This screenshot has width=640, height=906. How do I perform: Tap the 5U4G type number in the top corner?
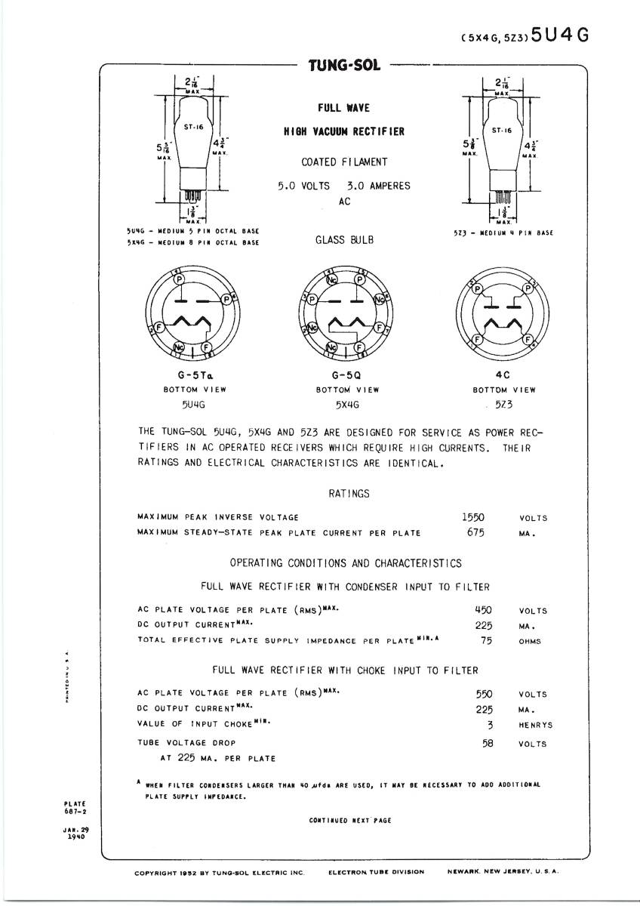559,35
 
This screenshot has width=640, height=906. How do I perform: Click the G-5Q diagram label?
347,375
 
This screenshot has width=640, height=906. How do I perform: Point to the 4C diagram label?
503,375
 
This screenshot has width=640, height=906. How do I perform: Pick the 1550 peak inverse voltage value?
472,517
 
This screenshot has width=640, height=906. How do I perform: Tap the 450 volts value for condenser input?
483,610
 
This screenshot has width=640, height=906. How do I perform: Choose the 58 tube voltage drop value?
487,743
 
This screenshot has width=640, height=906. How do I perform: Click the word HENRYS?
535,726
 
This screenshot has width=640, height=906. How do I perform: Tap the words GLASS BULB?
344,241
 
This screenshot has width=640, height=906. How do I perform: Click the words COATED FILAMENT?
344,162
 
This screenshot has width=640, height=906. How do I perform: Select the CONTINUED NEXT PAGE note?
350,820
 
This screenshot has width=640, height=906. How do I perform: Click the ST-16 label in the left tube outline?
194,127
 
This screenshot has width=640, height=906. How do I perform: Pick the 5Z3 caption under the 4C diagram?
503,405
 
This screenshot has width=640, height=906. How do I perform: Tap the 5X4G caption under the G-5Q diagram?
347,405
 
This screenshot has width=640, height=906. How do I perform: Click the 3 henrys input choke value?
490,725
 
